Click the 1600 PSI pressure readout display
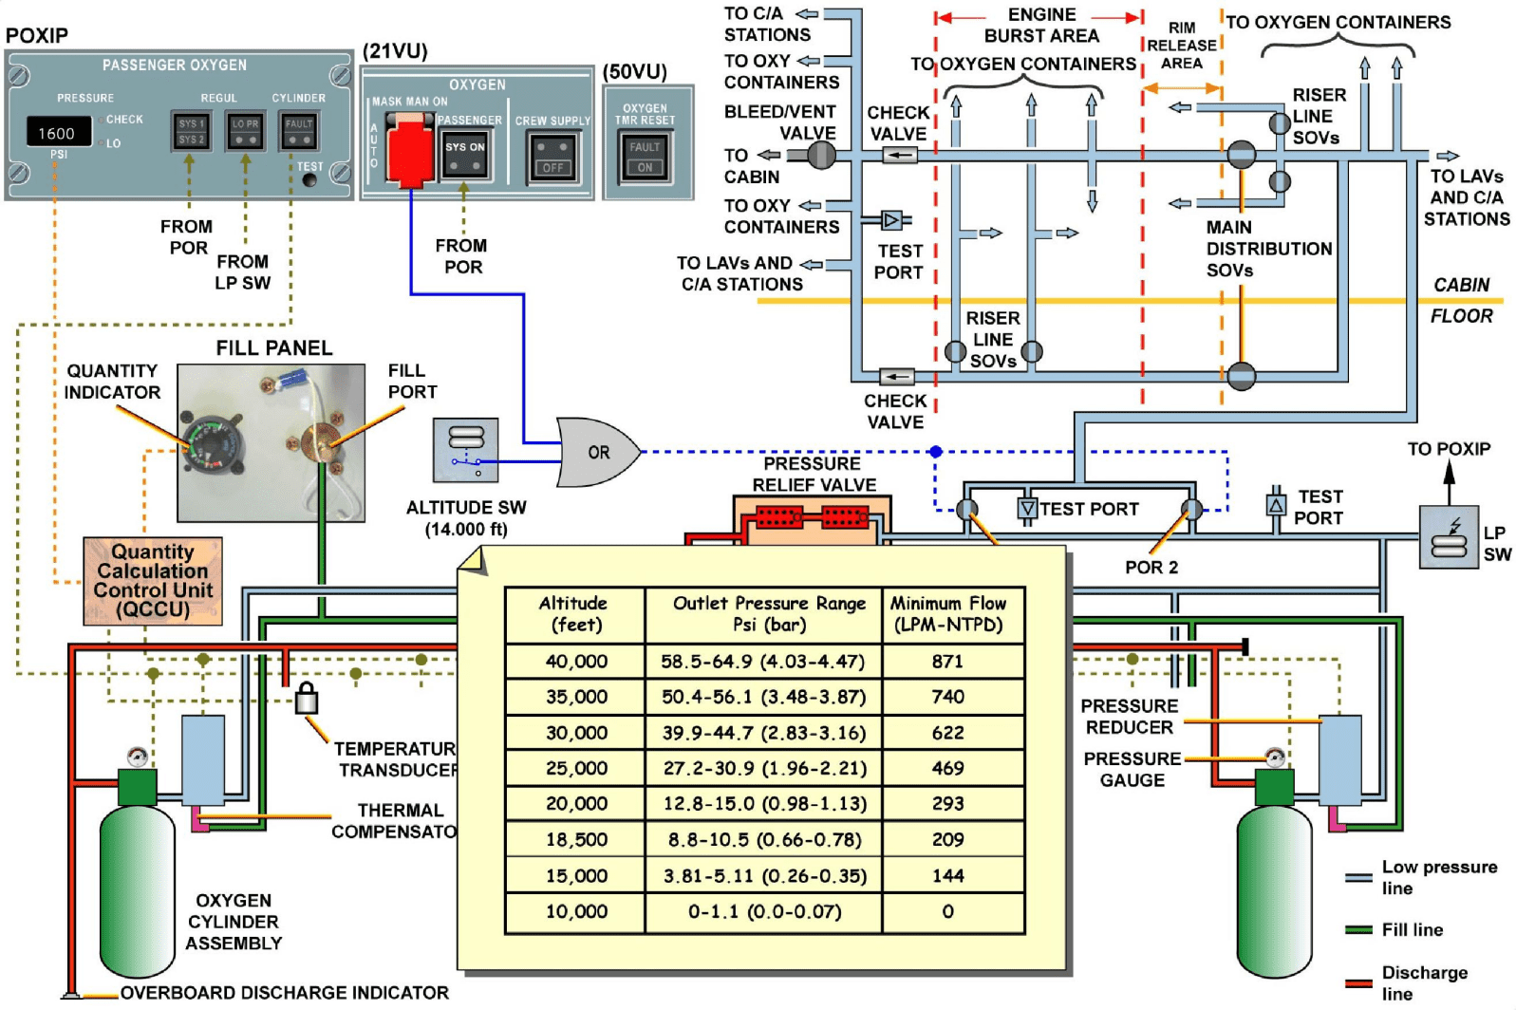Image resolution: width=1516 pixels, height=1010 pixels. pyautogui.click(x=58, y=133)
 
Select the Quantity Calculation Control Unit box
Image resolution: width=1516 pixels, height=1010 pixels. pyautogui.click(x=153, y=581)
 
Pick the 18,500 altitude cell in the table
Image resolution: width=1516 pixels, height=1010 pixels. pyautogui.click(x=575, y=839)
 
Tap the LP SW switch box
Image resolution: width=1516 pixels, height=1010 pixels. pyautogui.click(x=1448, y=537)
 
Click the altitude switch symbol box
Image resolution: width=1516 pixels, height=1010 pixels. pyautogui.click(x=465, y=450)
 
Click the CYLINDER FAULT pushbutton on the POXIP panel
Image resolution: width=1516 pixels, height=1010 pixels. pyautogui.click(x=299, y=131)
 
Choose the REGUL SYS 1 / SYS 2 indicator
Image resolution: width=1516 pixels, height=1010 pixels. pyautogui.click(x=192, y=131)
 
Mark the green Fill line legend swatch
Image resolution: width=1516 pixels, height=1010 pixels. pyautogui.click(x=1358, y=929)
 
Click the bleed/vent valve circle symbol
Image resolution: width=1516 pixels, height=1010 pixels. pyautogui.click(x=821, y=155)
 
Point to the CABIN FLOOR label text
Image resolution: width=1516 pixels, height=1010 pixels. pyautogui.click(x=1462, y=300)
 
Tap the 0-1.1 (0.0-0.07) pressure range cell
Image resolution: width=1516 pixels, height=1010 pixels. pyautogui.click(x=764, y=911)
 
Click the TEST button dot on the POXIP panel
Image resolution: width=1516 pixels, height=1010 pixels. pyautogui.click(x=309, y=179)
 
